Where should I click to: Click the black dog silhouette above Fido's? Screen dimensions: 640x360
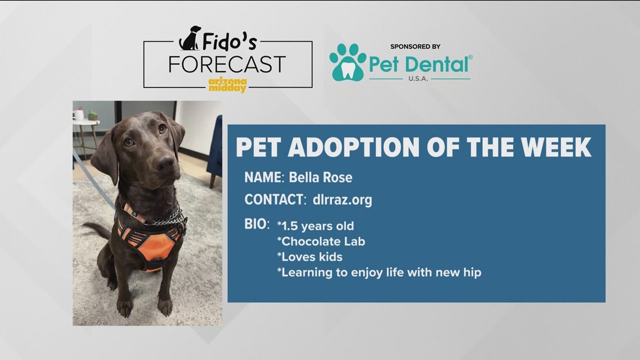coord(190,38)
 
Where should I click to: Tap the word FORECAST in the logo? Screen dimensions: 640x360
coord(227,65)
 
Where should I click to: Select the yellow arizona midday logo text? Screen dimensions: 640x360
coord(228,84)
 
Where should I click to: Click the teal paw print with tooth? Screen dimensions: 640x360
coord(348,62)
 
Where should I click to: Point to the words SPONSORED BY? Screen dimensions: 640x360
coord(415,47)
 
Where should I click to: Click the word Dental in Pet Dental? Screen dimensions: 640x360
coord(438,65)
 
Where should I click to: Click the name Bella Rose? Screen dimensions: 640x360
coord(321,177)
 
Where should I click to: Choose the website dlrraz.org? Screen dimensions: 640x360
coord(342,199)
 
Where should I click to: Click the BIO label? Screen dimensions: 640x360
coord(257,224)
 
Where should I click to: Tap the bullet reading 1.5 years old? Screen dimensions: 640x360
coord(316,226)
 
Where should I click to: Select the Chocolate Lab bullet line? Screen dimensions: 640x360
coord(321,241)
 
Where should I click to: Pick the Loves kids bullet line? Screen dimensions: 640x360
coord(310,257)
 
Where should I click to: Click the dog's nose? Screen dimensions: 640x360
coord(166,162)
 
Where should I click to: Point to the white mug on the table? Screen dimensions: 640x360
coord(79,115)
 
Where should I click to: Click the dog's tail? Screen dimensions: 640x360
coord(97,230)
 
